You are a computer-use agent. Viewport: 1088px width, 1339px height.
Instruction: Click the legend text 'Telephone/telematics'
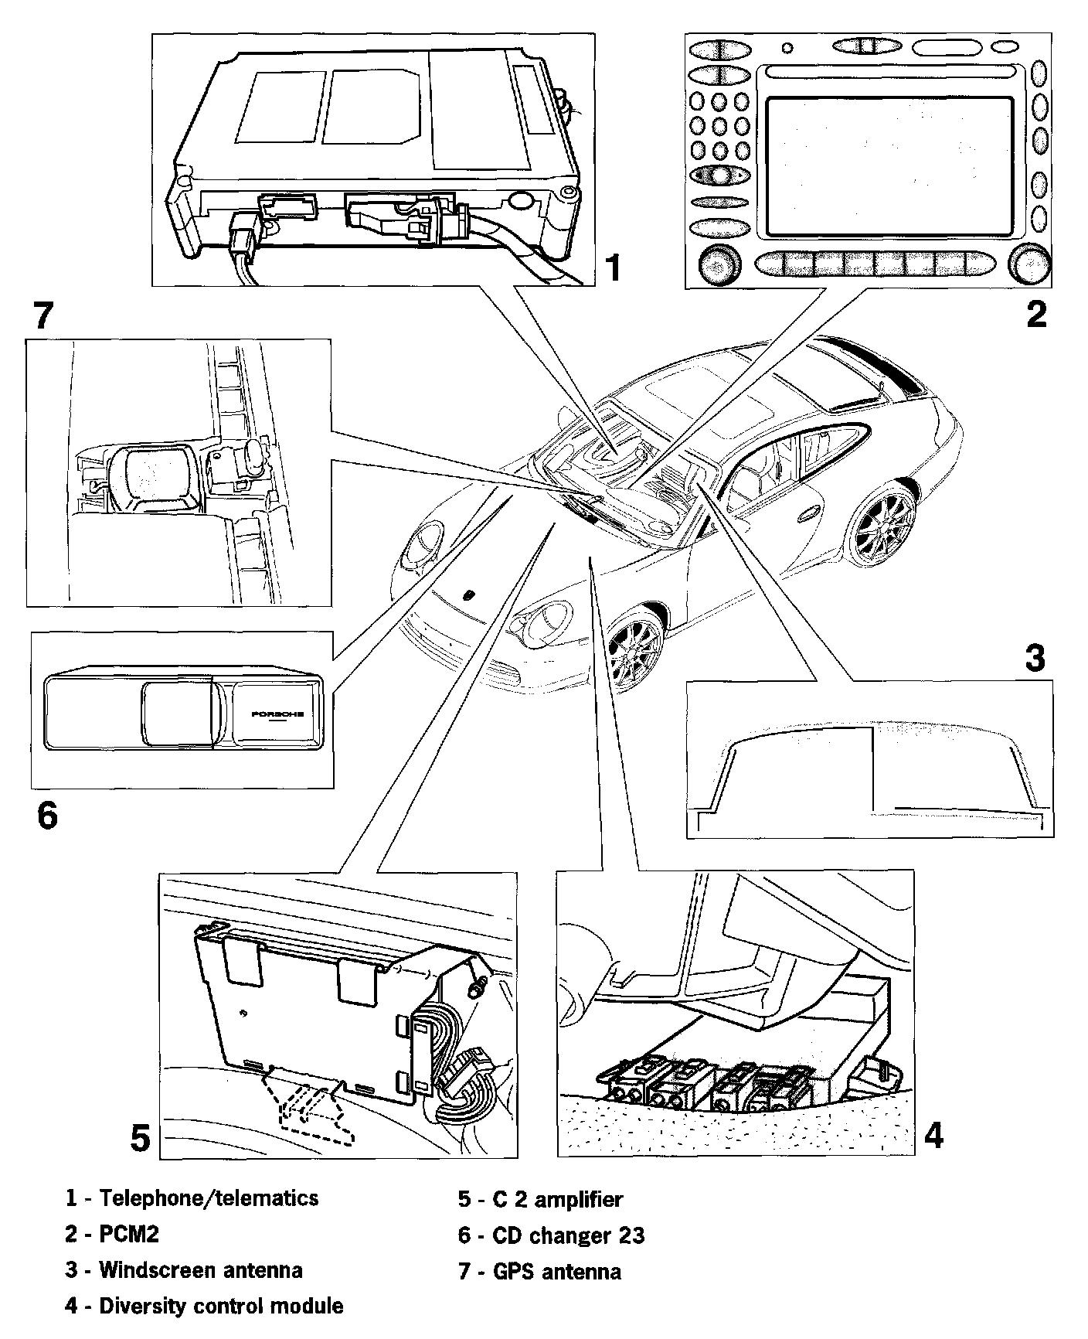(209, 1198)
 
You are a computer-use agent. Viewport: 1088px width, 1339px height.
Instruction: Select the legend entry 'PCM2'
(129, 1234)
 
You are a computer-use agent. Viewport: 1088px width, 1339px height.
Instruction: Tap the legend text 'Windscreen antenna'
(201, 1270)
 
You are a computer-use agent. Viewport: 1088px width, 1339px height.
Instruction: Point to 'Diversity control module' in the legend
(221, 1307)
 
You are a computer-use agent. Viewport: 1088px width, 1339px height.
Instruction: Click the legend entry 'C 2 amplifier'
(557, 1199)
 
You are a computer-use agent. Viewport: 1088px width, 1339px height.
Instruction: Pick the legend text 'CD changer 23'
(568, 1235)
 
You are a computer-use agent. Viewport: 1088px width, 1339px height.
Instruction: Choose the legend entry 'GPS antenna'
(556, 1271)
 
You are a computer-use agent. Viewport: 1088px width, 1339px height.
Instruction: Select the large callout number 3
(1035, 658)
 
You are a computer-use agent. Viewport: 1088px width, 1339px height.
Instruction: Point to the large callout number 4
(933, 1136)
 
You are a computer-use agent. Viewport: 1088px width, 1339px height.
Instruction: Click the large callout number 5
(140, 1139)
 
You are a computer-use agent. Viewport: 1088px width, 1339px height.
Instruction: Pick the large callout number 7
(43, 315)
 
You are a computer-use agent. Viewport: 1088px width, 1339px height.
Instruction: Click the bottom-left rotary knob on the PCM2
(719, 264)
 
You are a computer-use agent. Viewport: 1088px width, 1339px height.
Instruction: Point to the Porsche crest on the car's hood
(468, 596)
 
